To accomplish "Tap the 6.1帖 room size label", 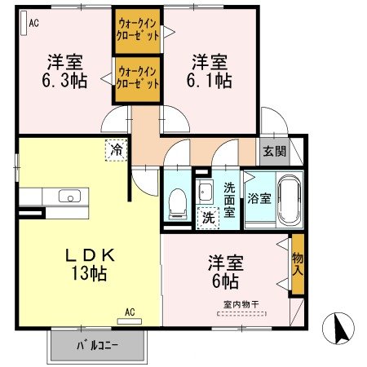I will point(211,81).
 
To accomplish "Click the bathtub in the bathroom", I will point(288,199).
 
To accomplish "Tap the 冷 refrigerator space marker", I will point(116,150).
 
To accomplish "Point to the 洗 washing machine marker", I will point(207,218).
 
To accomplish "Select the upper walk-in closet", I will point(137,29).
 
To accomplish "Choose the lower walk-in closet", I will point(137,77).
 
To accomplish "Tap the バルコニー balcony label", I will point(98,345).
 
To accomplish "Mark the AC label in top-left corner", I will point(33,23).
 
